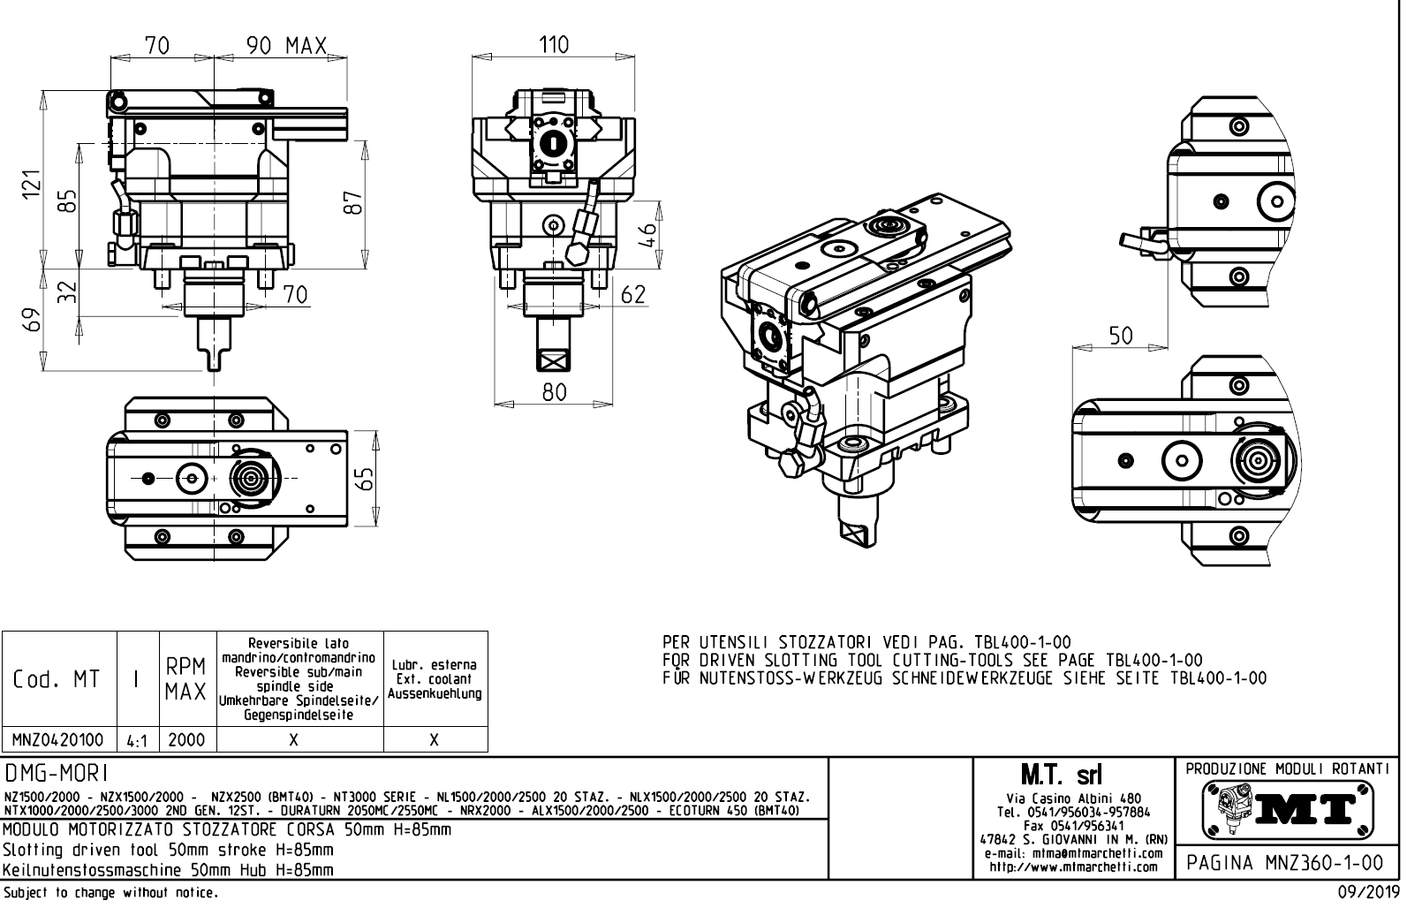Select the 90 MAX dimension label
click(x=286, y=46)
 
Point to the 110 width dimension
click(x=555, y=44)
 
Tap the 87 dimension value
click(x=352, y=202)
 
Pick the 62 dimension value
click(x=633, y=295)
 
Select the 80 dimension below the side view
click(x=555, y=391)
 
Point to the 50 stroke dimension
click(x=1121, y=335)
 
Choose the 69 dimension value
click(x=32, y=320)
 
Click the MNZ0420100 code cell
click(x=57, y=739)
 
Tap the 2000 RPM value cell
click(x=186, y=739)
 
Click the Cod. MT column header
click(x=57, y=680)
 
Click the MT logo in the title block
click(x=1288, y=806)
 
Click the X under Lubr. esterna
click(x=435, y=739)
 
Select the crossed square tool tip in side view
click(x=554, y=360)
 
